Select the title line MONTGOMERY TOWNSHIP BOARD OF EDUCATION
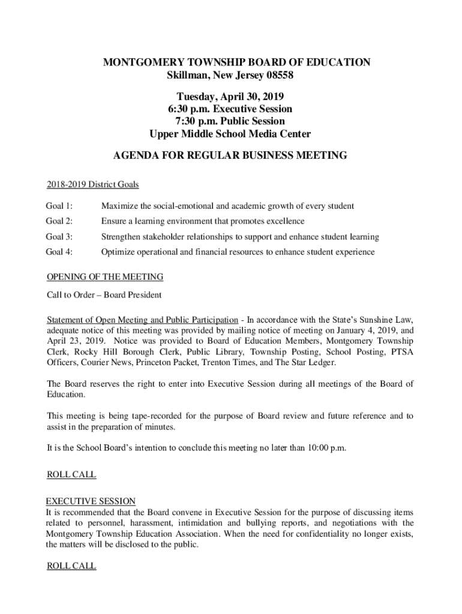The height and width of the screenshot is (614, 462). [230, 62]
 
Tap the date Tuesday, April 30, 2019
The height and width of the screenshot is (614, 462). [230, 97]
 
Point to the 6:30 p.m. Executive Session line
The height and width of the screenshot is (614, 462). [230, 109]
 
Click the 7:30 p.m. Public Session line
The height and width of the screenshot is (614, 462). [230, 122]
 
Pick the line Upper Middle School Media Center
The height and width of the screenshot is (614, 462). [230, 134]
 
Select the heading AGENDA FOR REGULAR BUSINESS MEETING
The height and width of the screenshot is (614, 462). [230, 156]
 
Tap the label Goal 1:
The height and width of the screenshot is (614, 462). [59, 206]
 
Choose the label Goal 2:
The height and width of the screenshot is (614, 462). [59, 221]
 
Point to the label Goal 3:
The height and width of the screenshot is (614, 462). [59, 237]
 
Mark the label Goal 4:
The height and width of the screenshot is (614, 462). [59, 252]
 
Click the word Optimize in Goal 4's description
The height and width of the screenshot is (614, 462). [118, 252]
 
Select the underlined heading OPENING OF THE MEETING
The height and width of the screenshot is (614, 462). [104, 277]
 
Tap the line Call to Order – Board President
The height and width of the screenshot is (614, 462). [104, 295]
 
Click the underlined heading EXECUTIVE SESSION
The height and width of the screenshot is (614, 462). [91, 501]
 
